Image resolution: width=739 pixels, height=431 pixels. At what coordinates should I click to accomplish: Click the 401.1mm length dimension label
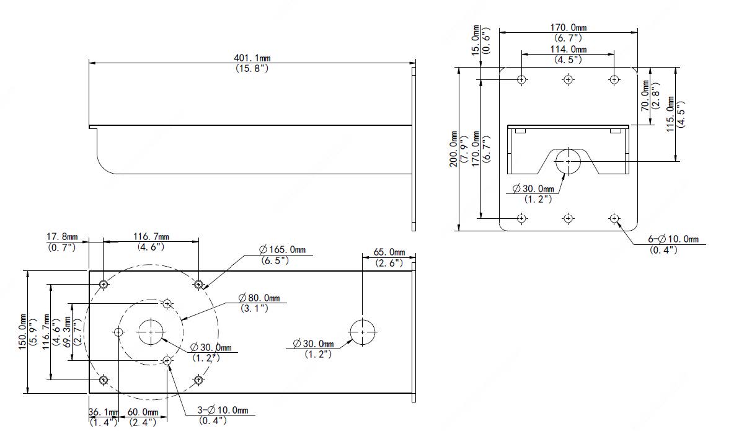coord(252,58)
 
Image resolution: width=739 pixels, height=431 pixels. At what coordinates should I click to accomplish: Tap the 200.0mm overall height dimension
coord(453,149)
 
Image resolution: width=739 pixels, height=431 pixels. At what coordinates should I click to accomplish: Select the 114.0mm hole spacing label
coord(569,49)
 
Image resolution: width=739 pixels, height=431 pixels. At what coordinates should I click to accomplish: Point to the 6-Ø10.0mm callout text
coord(673,239)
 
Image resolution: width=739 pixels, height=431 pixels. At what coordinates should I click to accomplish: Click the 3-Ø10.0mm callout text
coord(223,410)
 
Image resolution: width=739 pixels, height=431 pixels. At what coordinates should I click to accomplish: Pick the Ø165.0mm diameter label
coord(282,249)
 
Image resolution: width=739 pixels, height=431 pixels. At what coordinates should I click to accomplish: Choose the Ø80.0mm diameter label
coord(259,298)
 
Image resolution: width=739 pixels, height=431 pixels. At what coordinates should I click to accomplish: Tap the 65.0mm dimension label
coord(389,252)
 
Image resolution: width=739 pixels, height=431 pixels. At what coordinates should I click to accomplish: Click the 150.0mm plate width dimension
coord(22,332)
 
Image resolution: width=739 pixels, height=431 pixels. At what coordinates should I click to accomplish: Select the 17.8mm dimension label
coord(62,237)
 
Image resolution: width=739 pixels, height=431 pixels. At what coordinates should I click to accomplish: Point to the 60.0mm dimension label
coord(143,412)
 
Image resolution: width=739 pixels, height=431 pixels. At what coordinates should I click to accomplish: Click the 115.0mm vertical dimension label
coord(671,114)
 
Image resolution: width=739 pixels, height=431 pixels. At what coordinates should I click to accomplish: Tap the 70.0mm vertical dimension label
coord(645,96)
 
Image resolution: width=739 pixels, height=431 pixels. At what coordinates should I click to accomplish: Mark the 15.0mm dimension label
coord(476,40)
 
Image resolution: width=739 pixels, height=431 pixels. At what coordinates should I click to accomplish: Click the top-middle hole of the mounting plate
coord(569,80)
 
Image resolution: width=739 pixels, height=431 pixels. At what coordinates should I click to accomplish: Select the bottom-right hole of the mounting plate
coord(614,218)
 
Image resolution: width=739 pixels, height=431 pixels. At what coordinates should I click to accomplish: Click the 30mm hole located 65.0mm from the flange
coord(363,332)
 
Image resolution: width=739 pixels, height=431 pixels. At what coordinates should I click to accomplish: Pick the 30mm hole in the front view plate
coord(569,161)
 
